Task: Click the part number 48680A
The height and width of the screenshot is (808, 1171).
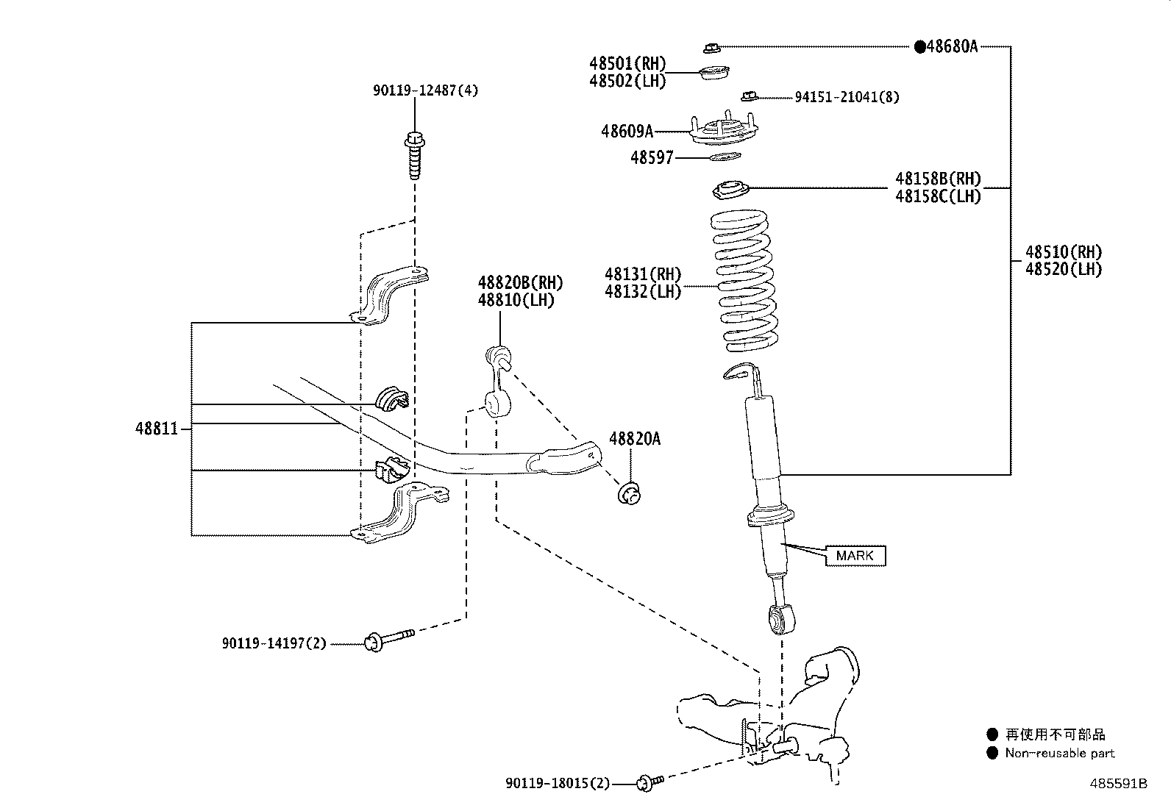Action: click(952, 46)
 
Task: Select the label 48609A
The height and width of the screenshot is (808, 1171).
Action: click(627, 131)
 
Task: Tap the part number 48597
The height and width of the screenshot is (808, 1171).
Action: click(652, 157)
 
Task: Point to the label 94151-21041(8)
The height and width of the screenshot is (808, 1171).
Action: click(847, 97)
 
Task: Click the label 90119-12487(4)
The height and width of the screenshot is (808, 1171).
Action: click(426, 90)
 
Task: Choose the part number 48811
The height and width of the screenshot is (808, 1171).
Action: click(157, 429)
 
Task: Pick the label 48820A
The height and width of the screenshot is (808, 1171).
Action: click(635, 438)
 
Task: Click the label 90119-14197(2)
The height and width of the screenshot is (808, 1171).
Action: click(274, 643)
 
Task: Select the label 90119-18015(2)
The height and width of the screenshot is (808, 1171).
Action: click(558, 784)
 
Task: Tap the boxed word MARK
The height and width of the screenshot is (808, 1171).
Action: click(855, 556)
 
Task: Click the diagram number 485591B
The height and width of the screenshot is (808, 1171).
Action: click(1119, 784)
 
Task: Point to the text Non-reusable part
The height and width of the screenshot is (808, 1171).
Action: click(1060, 753)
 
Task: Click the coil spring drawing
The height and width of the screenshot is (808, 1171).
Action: click(744, 281)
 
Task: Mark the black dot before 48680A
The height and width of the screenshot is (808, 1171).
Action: click(920, 46)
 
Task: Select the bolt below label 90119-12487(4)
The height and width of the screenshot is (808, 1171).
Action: click(415, 156)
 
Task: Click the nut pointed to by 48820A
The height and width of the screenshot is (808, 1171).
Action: click(630, 494)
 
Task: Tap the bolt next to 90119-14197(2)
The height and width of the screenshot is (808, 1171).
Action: click(389, 639)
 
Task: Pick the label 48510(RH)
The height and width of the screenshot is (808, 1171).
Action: click(1064, 252)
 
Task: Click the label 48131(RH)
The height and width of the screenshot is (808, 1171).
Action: click(643, 273)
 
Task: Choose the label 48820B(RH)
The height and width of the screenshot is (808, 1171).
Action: click(520, 283)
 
